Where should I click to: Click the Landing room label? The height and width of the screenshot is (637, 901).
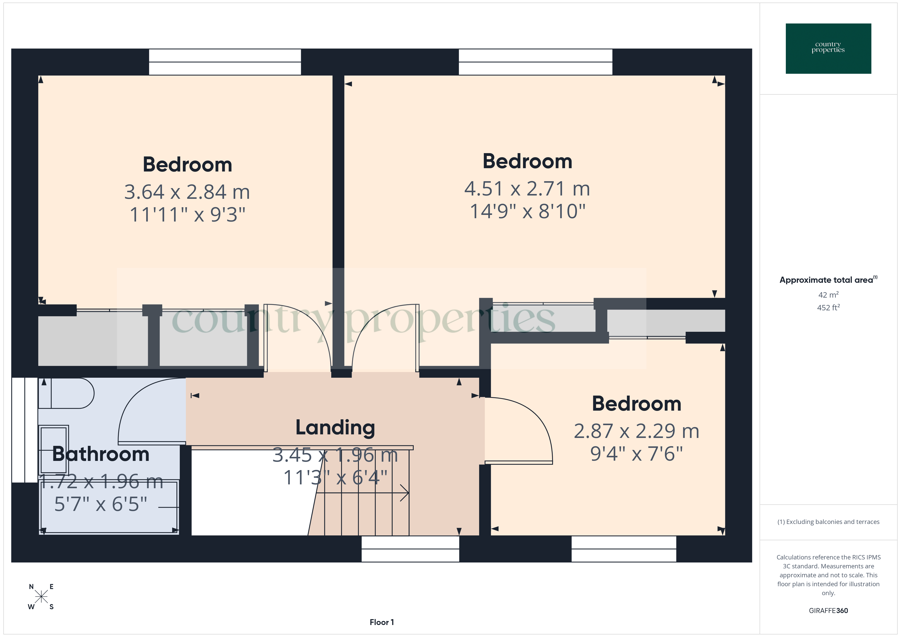(335, 427)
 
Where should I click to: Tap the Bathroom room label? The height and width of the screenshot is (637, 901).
(101, 454)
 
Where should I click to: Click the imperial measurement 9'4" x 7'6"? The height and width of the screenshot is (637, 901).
(636, 454)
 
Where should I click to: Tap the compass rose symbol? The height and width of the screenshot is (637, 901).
(41, 597)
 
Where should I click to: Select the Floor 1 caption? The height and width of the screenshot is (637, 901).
(382, 622)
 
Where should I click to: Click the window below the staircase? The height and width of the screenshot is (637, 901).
(410, 549)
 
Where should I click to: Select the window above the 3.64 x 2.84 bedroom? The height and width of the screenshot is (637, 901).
(225, 62)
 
